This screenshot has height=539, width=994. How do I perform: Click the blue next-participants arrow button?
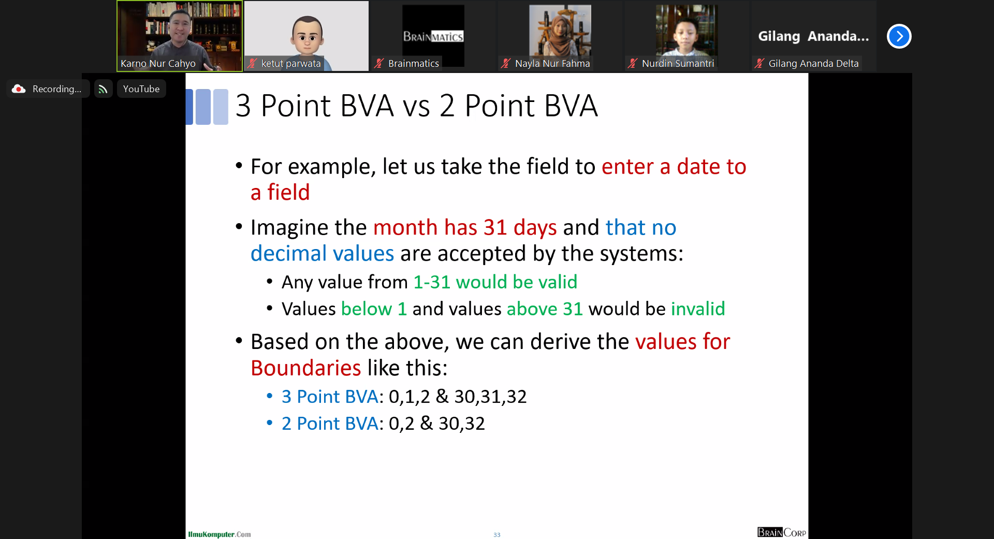899,36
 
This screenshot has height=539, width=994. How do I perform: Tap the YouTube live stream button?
141,89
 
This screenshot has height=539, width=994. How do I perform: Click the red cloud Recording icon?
19,89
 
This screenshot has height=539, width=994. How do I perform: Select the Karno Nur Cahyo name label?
158,64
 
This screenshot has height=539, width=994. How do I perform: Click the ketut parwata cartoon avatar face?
306,35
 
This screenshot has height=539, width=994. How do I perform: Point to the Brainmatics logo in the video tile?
433,36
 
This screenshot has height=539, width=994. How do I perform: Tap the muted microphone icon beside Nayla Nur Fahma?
506,64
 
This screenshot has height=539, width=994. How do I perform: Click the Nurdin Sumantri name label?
678,64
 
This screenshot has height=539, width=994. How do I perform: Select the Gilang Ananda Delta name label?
813,64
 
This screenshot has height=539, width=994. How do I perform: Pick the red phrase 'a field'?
280,193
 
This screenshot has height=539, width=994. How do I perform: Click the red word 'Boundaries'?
306,368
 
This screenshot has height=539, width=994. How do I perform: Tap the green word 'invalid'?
698,309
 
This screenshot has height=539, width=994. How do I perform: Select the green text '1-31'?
432,282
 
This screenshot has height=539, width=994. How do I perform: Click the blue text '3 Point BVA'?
330,397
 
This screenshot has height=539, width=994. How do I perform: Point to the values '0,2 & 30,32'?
437,424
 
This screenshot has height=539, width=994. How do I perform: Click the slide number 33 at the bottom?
497,535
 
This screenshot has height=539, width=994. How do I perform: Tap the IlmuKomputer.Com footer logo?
220,534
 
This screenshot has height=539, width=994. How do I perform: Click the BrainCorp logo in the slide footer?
781,532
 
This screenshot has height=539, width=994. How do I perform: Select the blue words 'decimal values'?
323,254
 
